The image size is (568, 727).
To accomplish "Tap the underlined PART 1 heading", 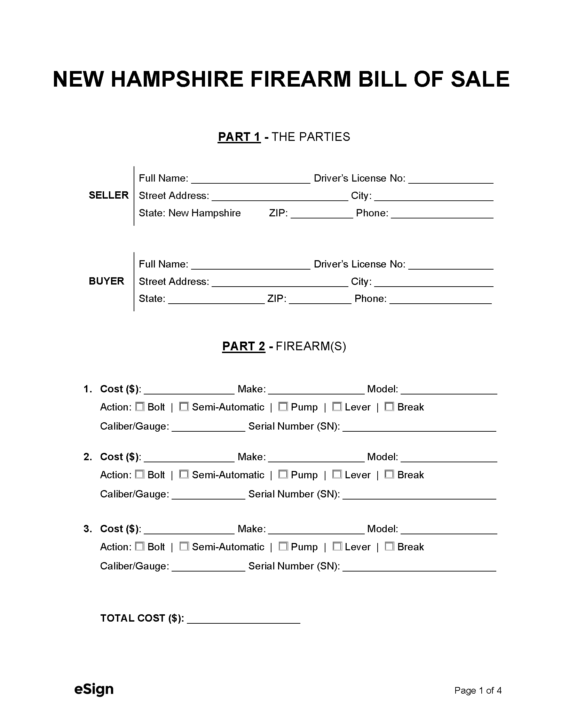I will point(239,137).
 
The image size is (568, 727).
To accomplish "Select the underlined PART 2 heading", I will point(244,346).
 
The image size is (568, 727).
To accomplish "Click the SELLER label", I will point(109,195).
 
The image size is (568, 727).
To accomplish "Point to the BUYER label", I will point(106,281).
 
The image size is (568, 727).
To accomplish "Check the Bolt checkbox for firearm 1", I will point(140,407).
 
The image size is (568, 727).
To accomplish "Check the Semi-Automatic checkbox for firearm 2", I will point(184,474).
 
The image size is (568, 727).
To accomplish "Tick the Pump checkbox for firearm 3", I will point(283,546).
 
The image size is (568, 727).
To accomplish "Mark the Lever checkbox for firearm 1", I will point(337,407).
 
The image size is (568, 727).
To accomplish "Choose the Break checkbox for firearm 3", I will point(389,546).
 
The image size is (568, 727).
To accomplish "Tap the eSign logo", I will point(94,689).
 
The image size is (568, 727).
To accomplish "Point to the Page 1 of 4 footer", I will point(478,690).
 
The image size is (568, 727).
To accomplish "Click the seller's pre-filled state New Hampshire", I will point(205,213).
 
